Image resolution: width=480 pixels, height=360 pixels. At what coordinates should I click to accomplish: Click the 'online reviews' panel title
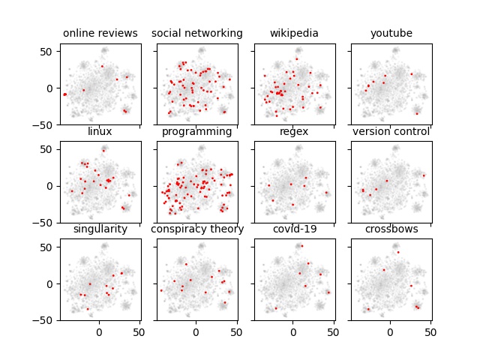(100, 33)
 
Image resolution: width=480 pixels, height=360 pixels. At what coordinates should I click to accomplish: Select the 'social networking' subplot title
(197, 33)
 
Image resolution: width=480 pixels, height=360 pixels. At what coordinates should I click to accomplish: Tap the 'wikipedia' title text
(294, 33)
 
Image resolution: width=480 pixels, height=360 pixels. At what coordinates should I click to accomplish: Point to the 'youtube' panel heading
(391, 33)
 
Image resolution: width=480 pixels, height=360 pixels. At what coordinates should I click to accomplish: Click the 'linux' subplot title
(100, 131)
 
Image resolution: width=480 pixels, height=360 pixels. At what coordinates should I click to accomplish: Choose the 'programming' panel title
(197, 131)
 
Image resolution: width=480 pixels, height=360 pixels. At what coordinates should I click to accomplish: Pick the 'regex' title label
(294, 131)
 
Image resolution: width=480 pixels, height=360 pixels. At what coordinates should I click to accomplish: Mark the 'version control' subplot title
(391, 131)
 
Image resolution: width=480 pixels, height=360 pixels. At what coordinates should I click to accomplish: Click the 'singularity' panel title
(100, 229)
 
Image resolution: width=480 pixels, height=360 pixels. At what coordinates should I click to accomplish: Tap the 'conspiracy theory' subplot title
(197, 229)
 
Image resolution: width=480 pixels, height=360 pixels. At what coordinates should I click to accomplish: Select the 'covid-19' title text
(294, 229)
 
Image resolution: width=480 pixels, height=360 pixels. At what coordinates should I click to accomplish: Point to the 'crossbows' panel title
(391, 229)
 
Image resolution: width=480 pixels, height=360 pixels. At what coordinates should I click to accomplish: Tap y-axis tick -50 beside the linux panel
(46, 223)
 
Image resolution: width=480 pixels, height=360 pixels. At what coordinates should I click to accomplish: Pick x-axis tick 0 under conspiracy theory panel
(196, 330)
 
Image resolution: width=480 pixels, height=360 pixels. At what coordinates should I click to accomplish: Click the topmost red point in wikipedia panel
(296, 58)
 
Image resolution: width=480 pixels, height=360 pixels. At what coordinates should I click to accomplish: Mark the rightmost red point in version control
(424, 175)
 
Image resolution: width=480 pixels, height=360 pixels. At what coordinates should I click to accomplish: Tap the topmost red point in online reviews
(102, 66)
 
